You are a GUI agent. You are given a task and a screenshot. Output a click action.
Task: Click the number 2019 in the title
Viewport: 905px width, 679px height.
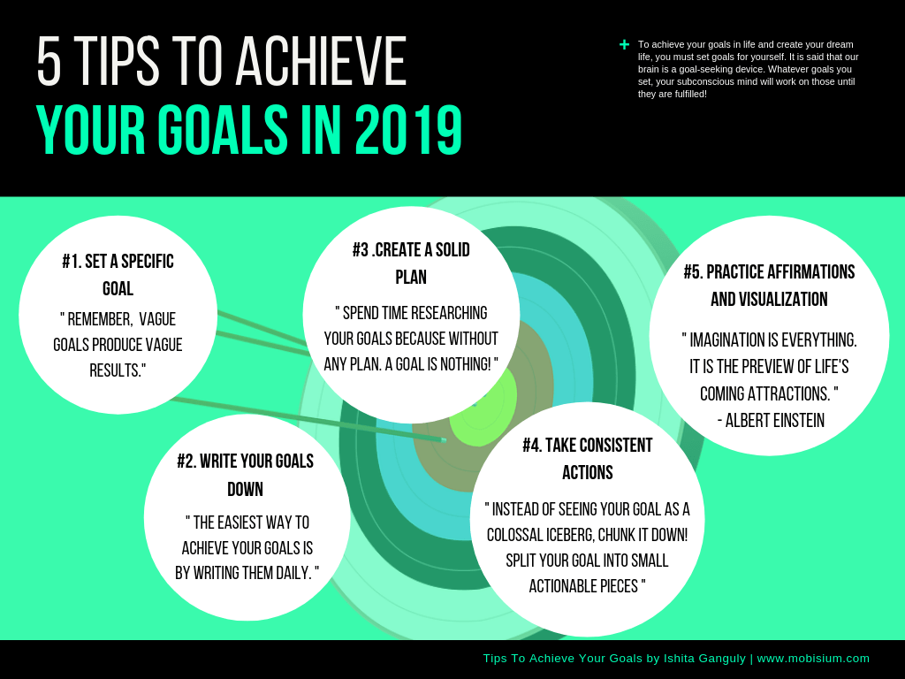tap(408, 130)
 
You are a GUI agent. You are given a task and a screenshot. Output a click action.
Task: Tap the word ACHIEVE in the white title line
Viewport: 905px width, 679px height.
tap(322, 61)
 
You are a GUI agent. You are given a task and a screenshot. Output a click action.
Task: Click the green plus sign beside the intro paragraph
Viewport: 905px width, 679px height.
tap(624, 44)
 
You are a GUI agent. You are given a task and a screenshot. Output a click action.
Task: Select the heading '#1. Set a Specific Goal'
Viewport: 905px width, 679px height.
tap(118, 275)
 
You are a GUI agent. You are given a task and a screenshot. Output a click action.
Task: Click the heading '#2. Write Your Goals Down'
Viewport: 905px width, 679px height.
tap(246, 475)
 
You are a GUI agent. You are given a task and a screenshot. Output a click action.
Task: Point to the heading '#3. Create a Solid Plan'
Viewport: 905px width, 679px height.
tap(411, 263)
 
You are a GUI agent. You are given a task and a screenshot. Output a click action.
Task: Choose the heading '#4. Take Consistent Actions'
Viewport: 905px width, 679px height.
tap(588, 459)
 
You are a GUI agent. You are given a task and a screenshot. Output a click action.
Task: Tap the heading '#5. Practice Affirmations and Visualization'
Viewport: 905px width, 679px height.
tap(770, 286)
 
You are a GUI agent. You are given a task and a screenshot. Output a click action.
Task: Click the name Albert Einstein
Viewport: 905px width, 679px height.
tap(775, 421)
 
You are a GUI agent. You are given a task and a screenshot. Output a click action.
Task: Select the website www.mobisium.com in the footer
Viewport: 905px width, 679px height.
tap(813, 658)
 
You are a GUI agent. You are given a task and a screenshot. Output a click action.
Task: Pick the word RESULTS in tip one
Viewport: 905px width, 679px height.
tap(118, 370)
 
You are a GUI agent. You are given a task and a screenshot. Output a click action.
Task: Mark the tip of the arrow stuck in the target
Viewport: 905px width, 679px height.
tap(445, 440)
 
